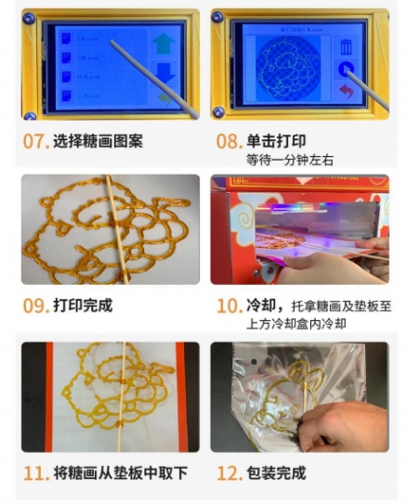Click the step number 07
pos(34,142)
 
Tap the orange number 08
pos(228,142)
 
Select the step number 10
pos(229,305)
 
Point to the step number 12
pos(229,473)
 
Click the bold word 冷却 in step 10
pos(262,305)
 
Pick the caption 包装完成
pos(276,473)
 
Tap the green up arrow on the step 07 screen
pos(163,43)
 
